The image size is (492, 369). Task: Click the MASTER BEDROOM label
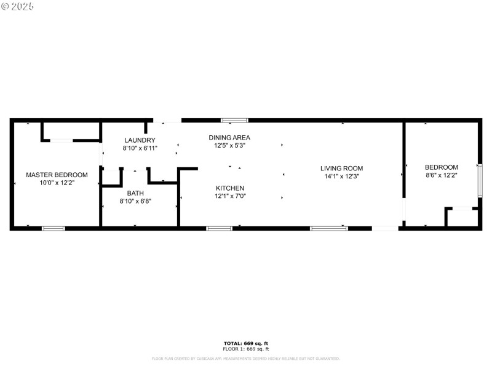57,175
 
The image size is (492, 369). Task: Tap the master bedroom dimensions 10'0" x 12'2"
57,183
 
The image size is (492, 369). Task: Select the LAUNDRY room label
135,140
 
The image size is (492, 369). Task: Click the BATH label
135,192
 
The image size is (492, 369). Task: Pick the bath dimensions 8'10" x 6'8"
135,200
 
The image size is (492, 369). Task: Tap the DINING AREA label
229,137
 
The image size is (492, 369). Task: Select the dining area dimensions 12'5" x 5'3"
229,146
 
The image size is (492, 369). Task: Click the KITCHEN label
230,188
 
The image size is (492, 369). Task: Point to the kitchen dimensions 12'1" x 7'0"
230,196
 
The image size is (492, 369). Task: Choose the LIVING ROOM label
341,168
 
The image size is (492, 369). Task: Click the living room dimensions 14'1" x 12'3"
341,176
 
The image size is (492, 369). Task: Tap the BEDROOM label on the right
442,167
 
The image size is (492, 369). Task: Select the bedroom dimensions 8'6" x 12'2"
442,175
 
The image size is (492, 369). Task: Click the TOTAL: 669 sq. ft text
245,343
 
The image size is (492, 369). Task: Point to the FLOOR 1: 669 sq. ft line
245,349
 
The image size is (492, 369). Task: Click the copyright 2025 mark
18,6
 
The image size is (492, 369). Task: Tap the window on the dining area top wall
234,121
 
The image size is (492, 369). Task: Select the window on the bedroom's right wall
480,180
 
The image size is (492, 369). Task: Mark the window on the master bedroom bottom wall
53,229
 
